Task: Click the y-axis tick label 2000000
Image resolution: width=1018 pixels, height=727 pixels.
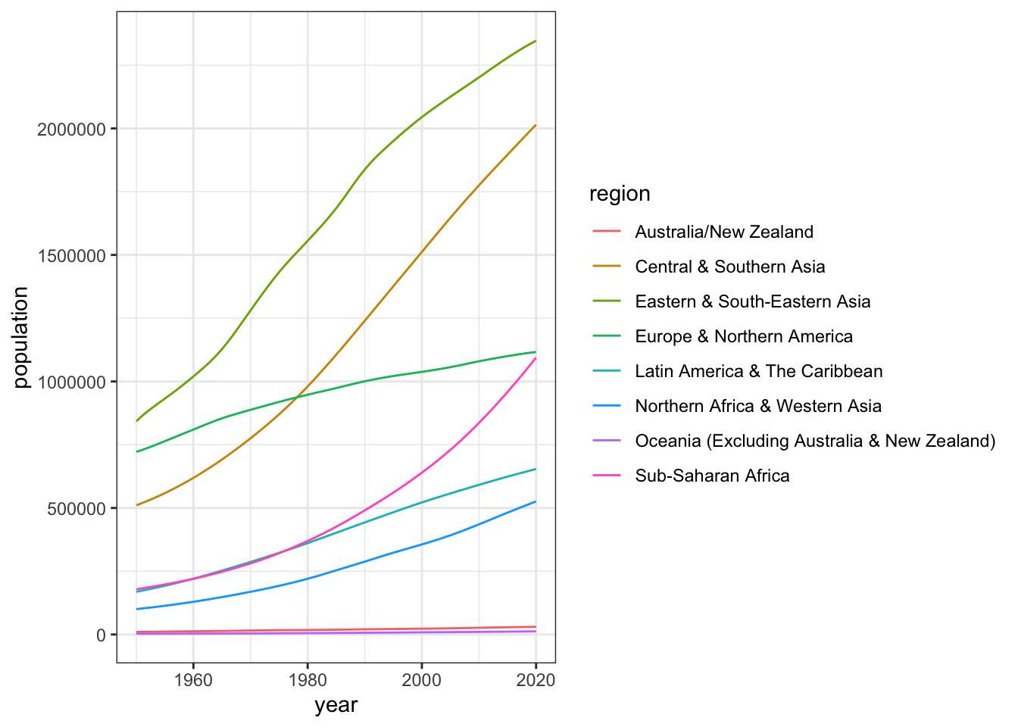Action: (x=71, y=129)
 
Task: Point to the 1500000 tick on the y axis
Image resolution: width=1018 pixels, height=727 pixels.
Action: (x=71, y=255)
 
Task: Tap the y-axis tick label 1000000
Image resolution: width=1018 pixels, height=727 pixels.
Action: (x=71, y=382)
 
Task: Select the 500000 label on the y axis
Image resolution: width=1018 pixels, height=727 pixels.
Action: (x=76, y=508)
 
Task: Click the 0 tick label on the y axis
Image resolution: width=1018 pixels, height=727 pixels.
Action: (x=101, y=635)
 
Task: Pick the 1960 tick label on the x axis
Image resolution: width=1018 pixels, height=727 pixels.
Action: (x=193, y=679)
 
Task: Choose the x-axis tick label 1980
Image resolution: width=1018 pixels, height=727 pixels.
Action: (x=308, y=679)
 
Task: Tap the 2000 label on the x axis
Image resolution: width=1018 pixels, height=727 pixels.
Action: (x=422, y=679)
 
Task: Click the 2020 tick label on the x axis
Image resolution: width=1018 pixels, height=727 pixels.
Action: (x=536, y=679)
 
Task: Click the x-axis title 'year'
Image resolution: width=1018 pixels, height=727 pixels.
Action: (x=336, y=706)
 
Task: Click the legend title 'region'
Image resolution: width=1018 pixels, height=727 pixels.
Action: (x=620, y=194)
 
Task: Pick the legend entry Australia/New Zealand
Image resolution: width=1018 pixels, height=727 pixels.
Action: (x=724, y=232)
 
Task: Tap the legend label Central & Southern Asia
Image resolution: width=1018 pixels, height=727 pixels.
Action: (x=730, y=267)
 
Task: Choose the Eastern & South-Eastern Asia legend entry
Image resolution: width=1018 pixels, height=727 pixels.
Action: (x=753, y=301)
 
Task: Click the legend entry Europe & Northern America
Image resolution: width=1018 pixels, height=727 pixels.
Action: (x=744, y=336)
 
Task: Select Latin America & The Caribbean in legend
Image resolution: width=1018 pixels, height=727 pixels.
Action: (x=759, y=371)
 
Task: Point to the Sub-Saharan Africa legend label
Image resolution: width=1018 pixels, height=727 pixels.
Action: (x=712, y=476)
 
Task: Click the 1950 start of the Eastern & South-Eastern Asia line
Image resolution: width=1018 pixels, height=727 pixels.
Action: (x=137, y=420)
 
